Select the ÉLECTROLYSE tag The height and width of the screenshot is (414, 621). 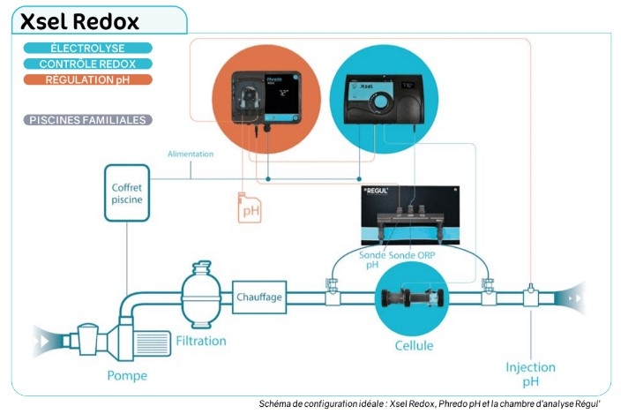(88, 48)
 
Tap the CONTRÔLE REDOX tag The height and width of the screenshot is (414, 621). (88, 64)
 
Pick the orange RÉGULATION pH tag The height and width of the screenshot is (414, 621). (88, 79)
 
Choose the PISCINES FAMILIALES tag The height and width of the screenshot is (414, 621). (88, 120)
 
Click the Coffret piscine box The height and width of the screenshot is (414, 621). (126, 193)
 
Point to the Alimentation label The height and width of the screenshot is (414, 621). (191, 154)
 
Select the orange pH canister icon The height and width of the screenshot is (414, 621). (250, 207)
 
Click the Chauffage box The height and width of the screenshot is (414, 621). (259, 297)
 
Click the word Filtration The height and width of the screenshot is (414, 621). (200, 341)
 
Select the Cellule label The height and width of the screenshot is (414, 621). (413, 345)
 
